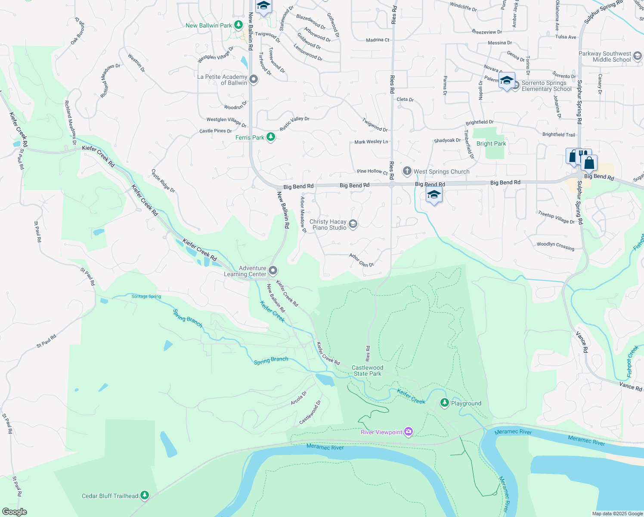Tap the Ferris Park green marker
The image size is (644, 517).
tap(270, 137)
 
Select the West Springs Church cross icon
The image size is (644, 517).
tap(407, 171)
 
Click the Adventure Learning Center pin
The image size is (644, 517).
tap(273, 271)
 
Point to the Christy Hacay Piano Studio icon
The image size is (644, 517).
tap(353, 224)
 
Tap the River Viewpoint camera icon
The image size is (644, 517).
tap(409, 431)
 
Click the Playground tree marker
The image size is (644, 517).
tap(444, 402)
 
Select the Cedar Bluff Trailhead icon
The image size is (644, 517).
tap(145, 495)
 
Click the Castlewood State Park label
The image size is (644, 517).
tap(367, 371)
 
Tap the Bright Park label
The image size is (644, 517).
tap(491, 143)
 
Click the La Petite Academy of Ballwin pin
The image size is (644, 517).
tap(254, 79)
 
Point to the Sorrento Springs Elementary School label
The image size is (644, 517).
tap(546, 86)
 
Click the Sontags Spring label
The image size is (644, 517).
tap(146, 296)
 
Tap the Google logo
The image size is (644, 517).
tap(15, 512)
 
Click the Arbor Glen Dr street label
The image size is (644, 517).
tap(362, 260)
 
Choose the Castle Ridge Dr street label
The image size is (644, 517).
tap(163, 181)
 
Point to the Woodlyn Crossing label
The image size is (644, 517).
tap(555, 246)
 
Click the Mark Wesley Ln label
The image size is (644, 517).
tap(371, 142)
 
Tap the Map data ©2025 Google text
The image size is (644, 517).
tap(617, 514)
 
